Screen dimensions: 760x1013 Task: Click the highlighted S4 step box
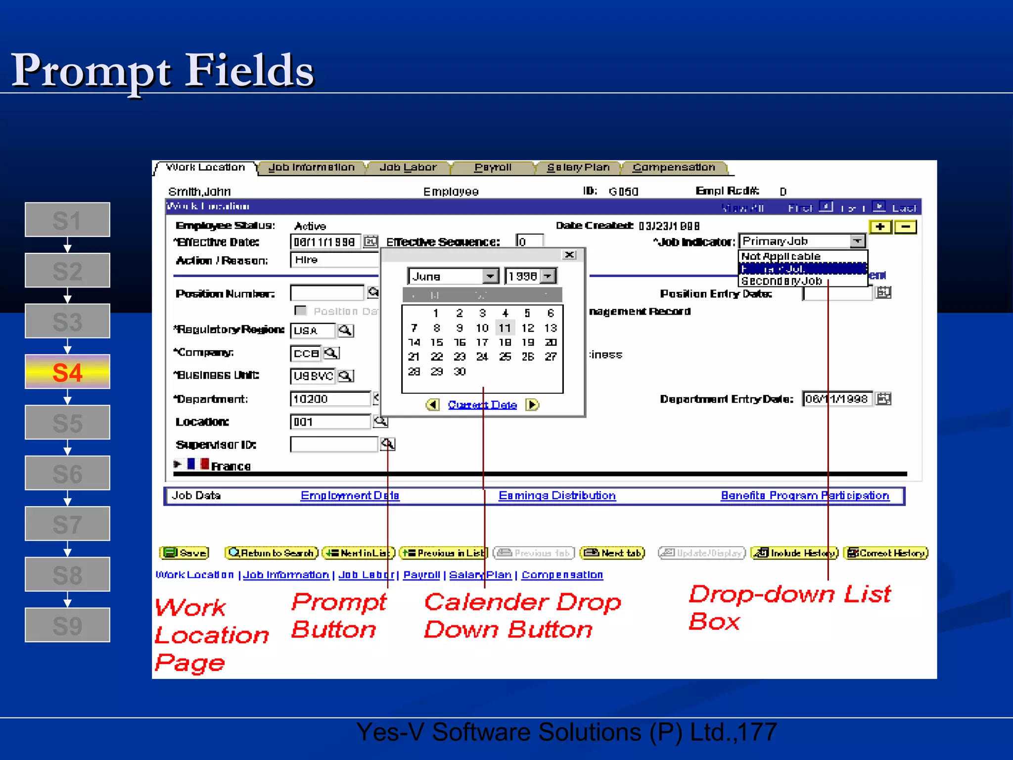(x=67, y=372)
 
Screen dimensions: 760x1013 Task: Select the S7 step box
(x=67, y=524)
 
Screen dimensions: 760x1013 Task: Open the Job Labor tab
(x=408, y=168)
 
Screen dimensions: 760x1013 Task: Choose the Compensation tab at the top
(x=674, y=168)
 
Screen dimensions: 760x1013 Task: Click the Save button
(x=184, y=553)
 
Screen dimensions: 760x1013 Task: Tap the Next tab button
(x=613, y=553)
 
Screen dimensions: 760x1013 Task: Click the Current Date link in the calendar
(x=482, y=405)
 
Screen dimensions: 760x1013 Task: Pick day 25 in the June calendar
(x=505, y=357)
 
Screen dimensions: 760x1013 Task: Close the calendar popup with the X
(x=570, y=255)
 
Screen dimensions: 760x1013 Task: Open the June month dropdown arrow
(x=490, y=276)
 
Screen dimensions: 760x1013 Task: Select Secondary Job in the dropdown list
(x=782, y=281)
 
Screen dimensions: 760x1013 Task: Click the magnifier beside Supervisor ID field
(x=388, y=444)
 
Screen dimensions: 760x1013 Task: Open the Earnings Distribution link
(x=557, y=496)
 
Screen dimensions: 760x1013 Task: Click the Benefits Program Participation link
(x=805, y=496)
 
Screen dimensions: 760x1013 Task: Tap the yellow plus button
(x=880, y=227)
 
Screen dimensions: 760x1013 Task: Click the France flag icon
(x=198, y=464)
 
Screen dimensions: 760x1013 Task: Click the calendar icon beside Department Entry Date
(x=883, y=399)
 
